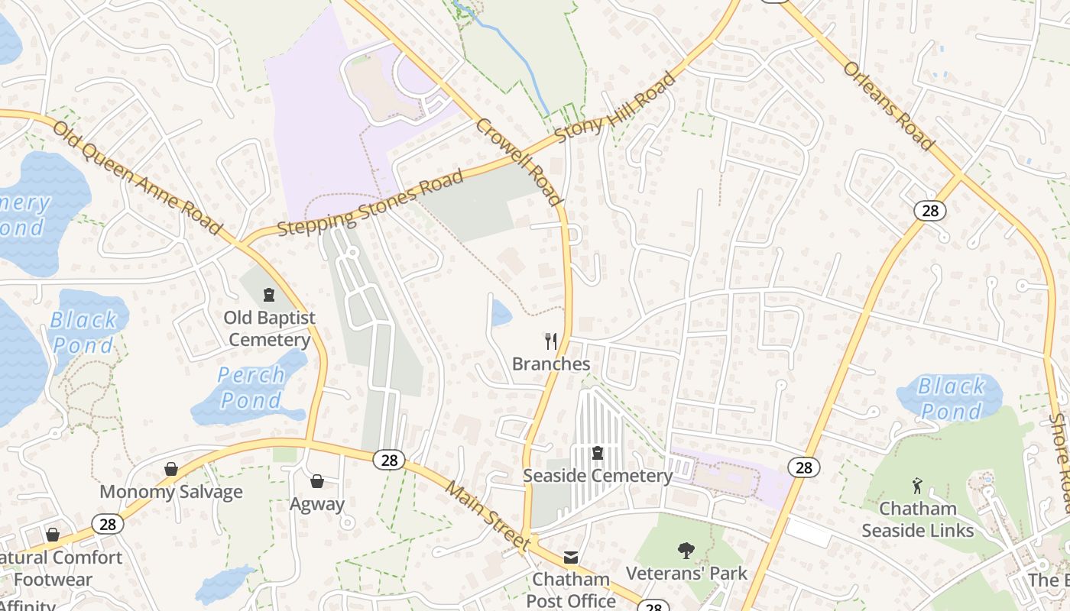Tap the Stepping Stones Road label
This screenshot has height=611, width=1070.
tap(371, 203)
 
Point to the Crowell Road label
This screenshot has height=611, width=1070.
tap(520, 161)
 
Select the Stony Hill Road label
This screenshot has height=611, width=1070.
tap(616, 107)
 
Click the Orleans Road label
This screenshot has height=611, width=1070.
tap(888, 105)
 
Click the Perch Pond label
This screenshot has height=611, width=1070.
tap(251, 387)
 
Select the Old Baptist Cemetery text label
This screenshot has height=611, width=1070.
tap(269, 328)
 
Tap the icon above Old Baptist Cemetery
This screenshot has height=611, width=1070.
tap(268, 294)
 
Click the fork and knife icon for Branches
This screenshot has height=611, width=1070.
tap(550, 341)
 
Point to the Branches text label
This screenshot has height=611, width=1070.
tap(551, 364)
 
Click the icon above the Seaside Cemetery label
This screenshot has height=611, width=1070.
tap(598, 453)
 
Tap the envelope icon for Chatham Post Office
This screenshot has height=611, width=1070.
tap(571, 557)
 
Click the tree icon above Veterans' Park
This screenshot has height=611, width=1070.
tap(686, 550)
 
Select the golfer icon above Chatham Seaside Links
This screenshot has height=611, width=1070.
tap(917, 486)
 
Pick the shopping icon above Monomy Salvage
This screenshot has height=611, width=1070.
tap(171, 469)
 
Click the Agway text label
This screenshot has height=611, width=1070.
tap(317, 504)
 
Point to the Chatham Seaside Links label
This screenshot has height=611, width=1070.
tap(918, 519)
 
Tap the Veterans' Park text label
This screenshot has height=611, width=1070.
tap(686, 573)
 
